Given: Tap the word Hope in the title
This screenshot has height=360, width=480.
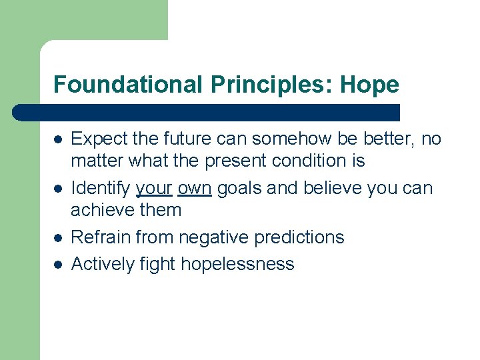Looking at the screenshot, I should tap(369, 85).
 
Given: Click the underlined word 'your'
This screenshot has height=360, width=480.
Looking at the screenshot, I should tap(154, 189).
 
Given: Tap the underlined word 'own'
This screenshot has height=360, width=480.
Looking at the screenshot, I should tap(195, 189).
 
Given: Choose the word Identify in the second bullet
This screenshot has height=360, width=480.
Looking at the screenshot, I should tap(100, 189).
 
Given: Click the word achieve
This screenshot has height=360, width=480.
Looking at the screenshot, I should tap(100, 210).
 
